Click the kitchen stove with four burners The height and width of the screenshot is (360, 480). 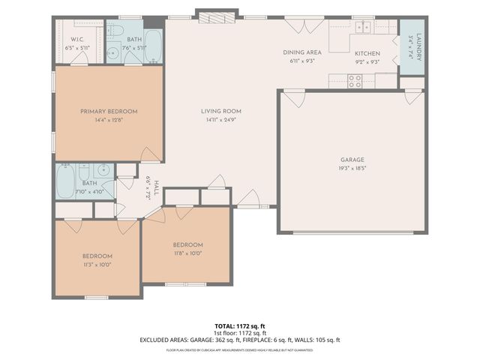(x=355, y=80)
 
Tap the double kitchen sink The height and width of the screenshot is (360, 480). (x=363, y=27)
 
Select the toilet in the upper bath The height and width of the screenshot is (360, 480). (x=118, y=30)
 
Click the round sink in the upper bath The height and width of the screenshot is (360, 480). (x=112, y=52)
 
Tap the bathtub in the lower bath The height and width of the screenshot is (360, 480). (x=66, y=181)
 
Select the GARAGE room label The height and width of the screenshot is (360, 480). (x=352, y=160)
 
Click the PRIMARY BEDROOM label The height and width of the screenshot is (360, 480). (x=109, y=111)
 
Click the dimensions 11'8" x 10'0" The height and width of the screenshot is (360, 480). (x=187, y=253)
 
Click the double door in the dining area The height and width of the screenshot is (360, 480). (x=304, y=25)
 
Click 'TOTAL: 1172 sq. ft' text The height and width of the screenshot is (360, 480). (x=239, y=326)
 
